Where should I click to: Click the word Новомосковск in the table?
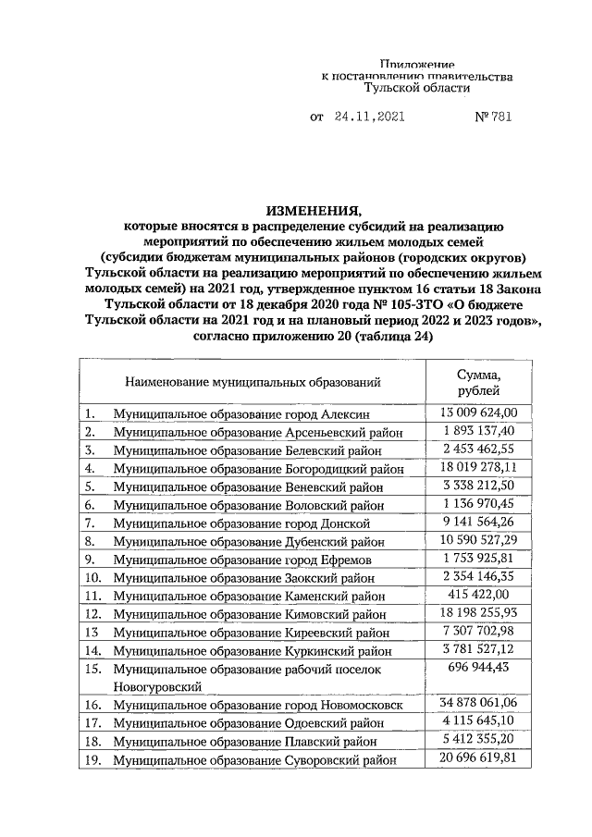click(363, 706)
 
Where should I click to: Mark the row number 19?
click(92, 760)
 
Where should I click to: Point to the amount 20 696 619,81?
click(478, 758)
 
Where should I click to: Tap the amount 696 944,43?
click(478, 667)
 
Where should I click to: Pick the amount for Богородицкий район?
click(478, 467)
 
